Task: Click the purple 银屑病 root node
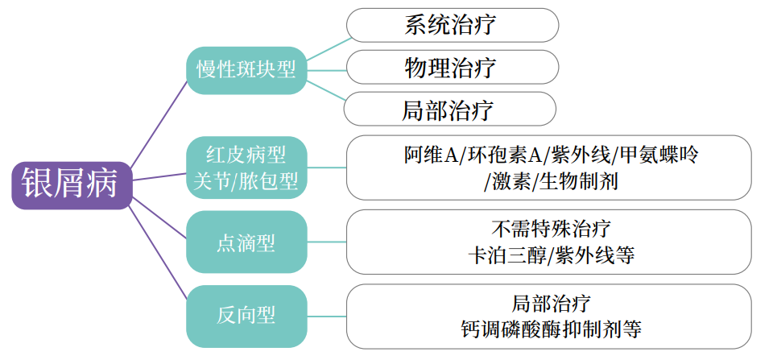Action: pyautogui.click(x=71, y=183)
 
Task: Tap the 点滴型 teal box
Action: pyautogui.click(x=246, y=242)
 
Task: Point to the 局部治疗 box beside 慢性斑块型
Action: pyautogui.click(x=449, y=109)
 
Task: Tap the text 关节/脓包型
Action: pyautogui.click(x=246, y=182)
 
